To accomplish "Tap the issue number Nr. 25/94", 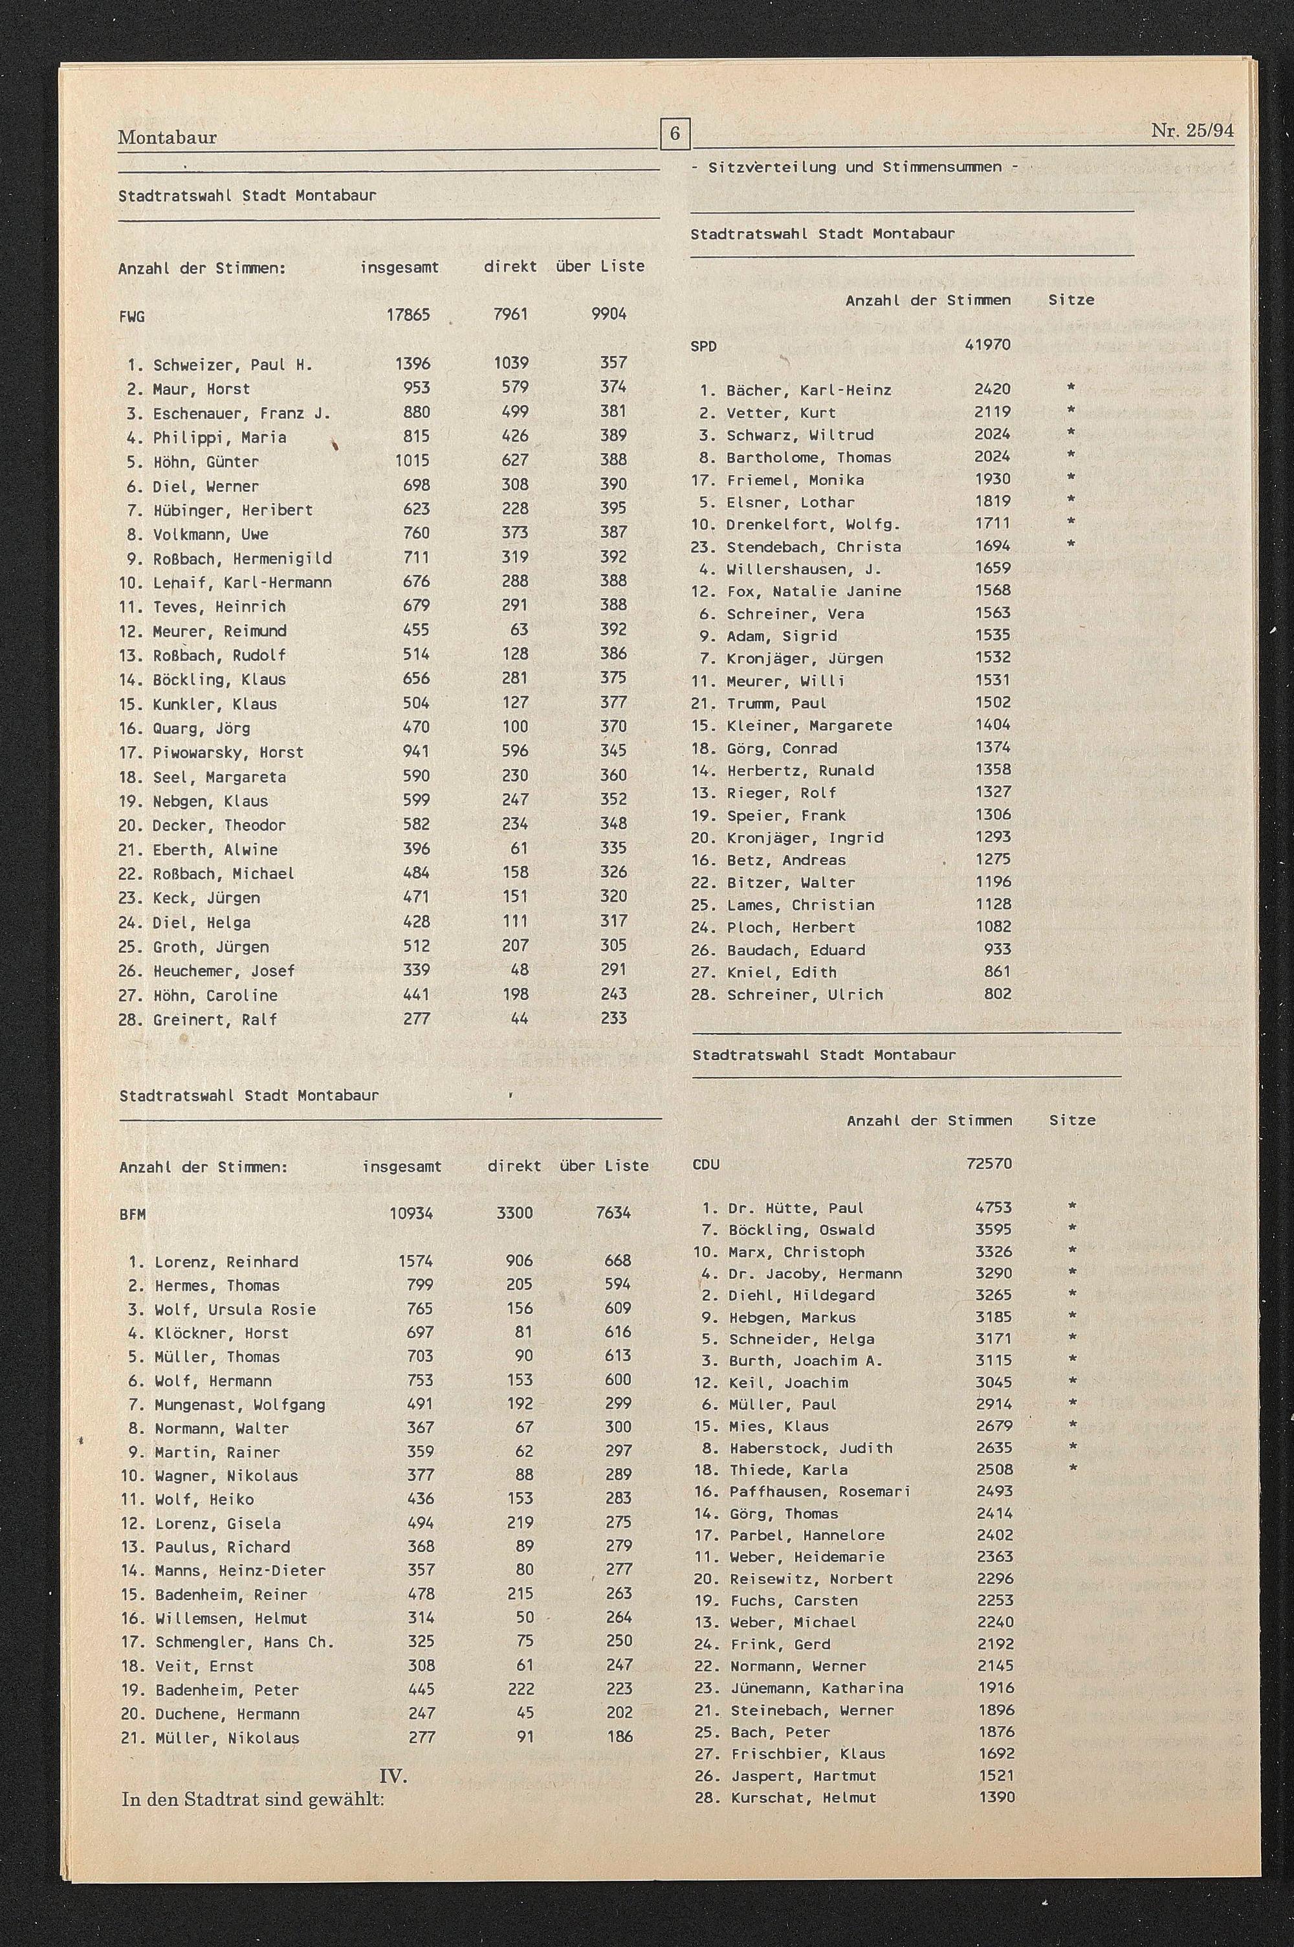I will point(1192,130).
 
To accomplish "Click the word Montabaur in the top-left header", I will point(168,137).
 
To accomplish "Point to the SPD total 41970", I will point(988,345).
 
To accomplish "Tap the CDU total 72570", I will point(989,1164).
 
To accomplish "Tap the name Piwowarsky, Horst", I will point(228,753).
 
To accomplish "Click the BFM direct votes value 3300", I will point(514,1213).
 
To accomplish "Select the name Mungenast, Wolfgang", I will point(239,1405).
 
